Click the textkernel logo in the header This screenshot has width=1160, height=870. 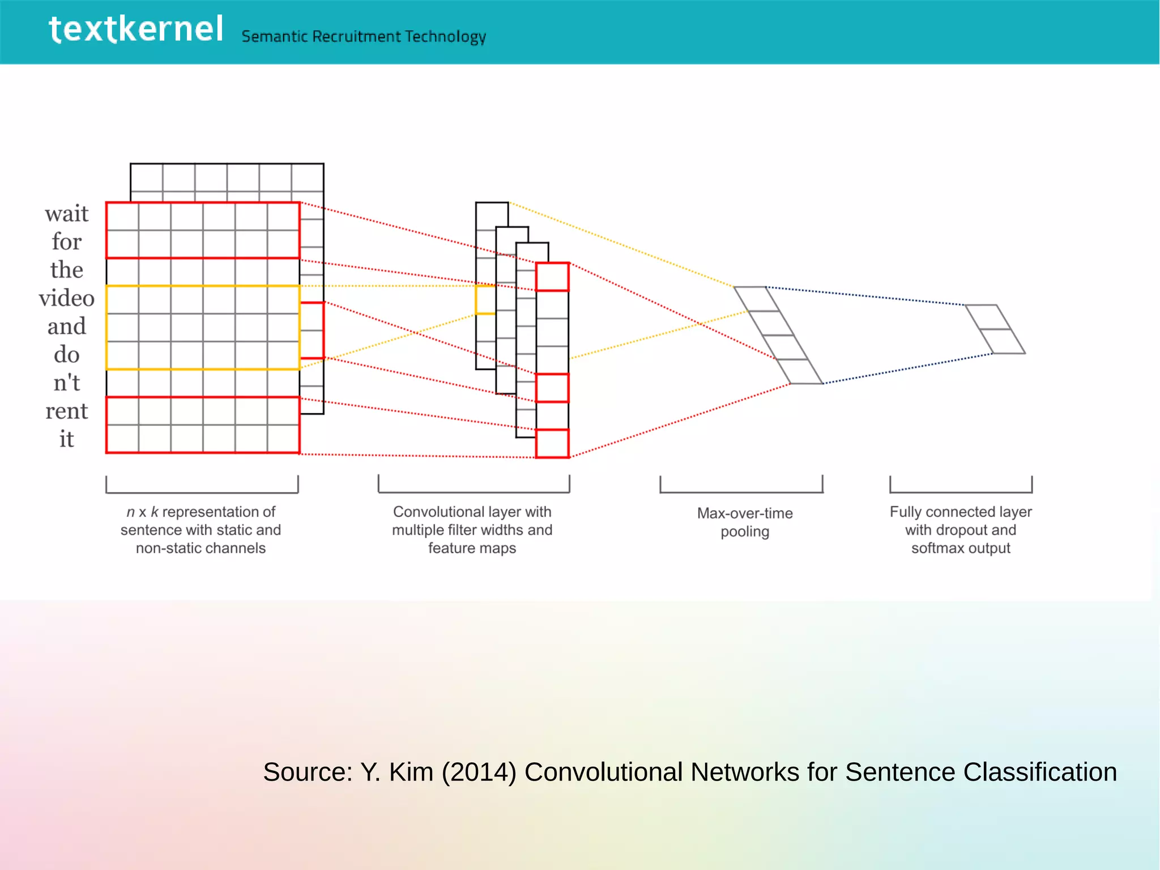click(136, 29)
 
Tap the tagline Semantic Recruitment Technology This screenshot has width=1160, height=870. click(364, 37)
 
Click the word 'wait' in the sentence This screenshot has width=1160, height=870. click(67, 214)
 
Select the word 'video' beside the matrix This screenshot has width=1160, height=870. click(67, 299)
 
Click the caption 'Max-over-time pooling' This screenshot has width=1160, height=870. click(744, 522)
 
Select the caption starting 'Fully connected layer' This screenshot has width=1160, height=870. click(961, 530)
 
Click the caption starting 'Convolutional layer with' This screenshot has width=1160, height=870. click(472, 530)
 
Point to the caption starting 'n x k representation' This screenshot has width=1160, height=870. click(201, 530)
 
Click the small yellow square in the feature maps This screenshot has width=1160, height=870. click(485, 300)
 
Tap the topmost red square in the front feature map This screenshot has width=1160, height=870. click(552, 277)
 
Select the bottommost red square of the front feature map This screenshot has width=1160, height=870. click(552, 444)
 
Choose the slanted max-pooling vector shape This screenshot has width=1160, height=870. click(778, 336)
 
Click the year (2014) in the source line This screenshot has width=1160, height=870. click(479, 773)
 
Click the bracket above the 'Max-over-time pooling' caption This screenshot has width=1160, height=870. click(741, 491)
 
